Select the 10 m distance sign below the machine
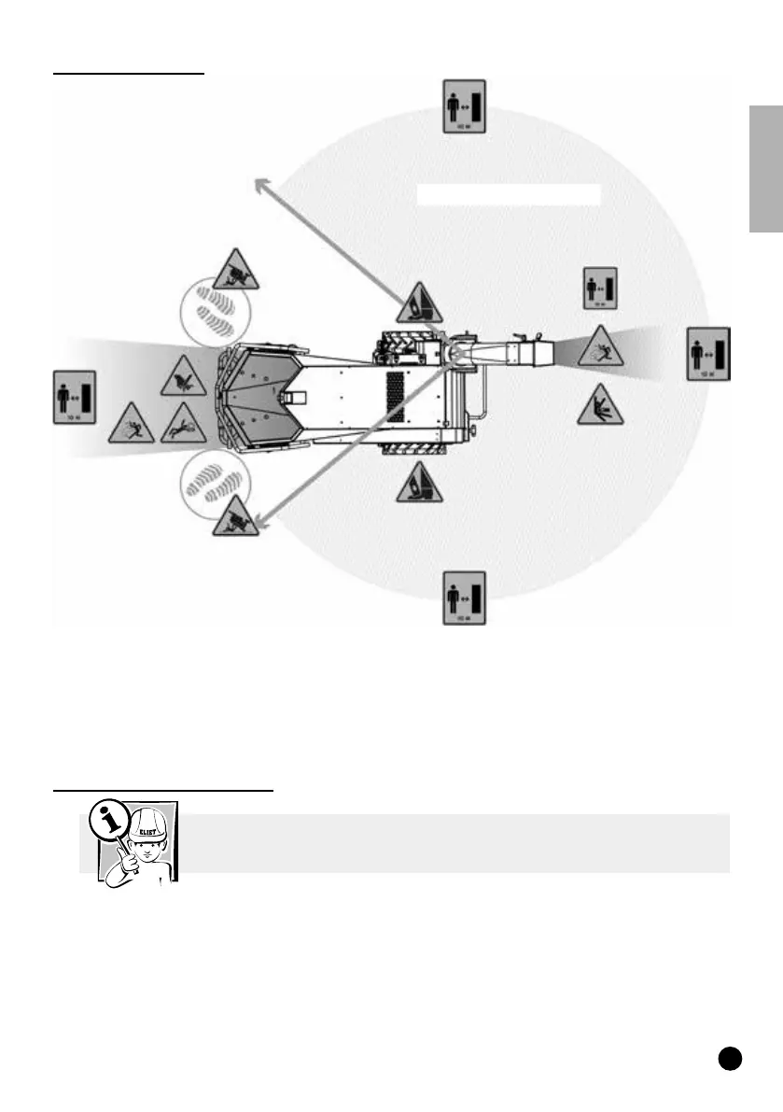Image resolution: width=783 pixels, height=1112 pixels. click(464, 598)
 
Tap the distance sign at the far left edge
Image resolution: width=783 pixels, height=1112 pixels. click(75, 397)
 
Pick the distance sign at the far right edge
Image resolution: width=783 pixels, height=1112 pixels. click(709, 354)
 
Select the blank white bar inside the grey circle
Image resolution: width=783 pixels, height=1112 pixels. click(508, 193)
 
